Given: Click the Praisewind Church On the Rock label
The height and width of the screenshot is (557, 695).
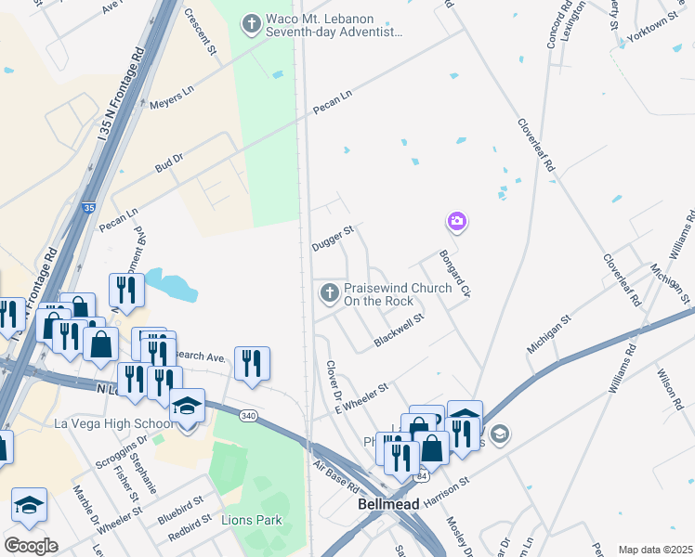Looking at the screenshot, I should point(398,294).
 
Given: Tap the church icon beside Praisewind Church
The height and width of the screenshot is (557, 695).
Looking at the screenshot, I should point(328,293).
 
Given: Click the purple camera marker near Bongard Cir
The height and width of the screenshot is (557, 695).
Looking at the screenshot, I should point(456,221).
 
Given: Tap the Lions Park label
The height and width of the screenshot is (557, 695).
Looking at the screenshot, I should point(251,520).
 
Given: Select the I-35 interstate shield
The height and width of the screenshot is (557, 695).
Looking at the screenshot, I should point(87,208).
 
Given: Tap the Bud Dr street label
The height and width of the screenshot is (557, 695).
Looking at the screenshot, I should point(168,164).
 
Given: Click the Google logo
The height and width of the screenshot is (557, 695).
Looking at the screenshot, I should point(32,546).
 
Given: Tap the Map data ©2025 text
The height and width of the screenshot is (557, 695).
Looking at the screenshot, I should point(654,550).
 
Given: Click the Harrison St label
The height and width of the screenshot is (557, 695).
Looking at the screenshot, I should point(448,489).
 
